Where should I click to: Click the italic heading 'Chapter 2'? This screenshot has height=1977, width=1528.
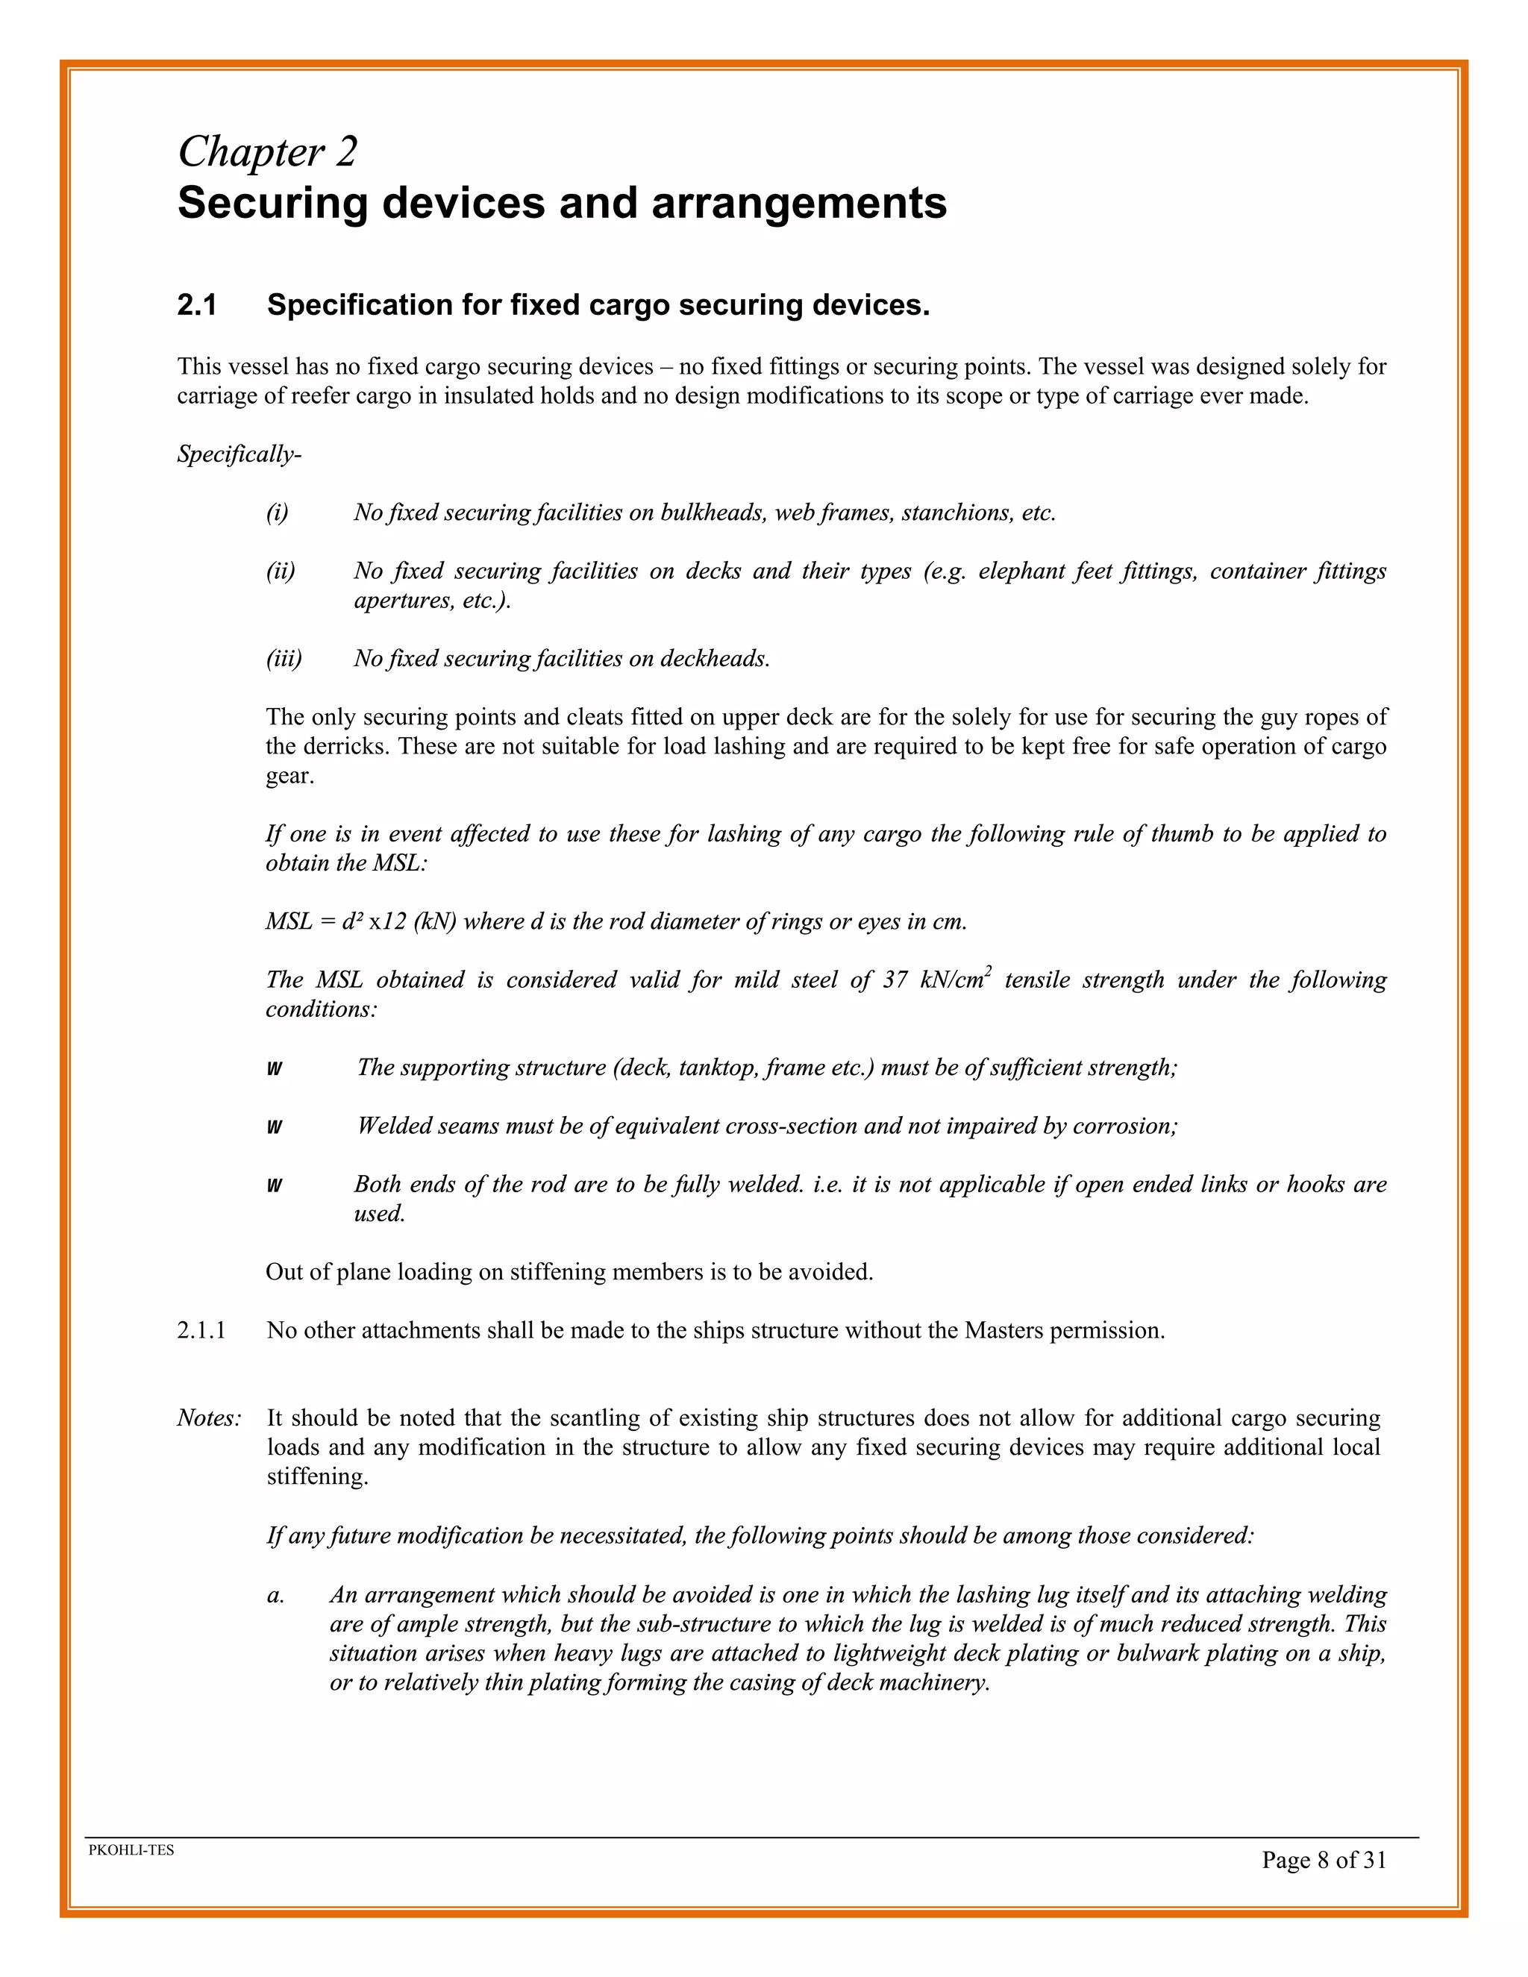[267, 151]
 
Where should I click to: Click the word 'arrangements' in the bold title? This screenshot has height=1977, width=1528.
[799, 203]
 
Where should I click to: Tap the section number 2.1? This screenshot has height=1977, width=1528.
[197, 306]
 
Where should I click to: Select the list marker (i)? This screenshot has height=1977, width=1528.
[277, 513]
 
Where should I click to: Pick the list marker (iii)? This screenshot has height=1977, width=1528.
[284, 658]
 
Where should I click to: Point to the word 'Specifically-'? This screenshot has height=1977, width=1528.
[239, 454]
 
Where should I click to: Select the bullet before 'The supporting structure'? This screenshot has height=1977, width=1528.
[275, 1069]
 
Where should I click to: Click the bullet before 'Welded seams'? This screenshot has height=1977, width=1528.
[275, 1127]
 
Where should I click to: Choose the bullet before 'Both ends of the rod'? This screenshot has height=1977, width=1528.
[275, 1186]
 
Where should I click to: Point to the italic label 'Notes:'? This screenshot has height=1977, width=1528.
[209, 1418]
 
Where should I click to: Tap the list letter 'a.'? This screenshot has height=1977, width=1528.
[276, 1595]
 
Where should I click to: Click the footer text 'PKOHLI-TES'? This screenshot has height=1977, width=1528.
[131, 1850]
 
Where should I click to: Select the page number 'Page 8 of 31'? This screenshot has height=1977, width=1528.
[1324, 1860]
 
